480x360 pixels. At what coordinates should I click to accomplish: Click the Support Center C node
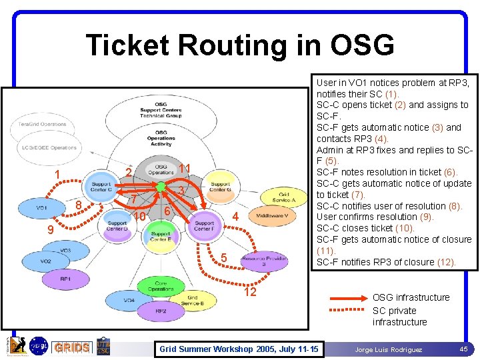click(101, 187)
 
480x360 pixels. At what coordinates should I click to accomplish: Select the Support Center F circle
click(204, 227)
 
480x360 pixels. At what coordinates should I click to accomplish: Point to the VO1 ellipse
click(42, 208)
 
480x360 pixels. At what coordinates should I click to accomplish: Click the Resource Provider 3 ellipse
click(265, 261)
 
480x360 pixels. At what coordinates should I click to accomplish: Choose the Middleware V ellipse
click(272, 215)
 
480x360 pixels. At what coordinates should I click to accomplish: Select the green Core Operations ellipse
click(161, 287)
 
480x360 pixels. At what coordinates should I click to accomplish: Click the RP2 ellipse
click(161, 311)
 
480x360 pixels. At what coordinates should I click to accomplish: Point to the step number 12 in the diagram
click(250, 292)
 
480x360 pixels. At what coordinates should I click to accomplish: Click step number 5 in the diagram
click(224, 258)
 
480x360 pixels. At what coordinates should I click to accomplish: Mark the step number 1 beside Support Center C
click(58, 175)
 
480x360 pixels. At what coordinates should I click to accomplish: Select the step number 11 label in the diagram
click(185, 168)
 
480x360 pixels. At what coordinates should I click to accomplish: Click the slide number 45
click(463, 349)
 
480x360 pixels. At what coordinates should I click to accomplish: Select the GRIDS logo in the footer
click(71, 347)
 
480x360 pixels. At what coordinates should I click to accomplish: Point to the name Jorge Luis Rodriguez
click(388, 349)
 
